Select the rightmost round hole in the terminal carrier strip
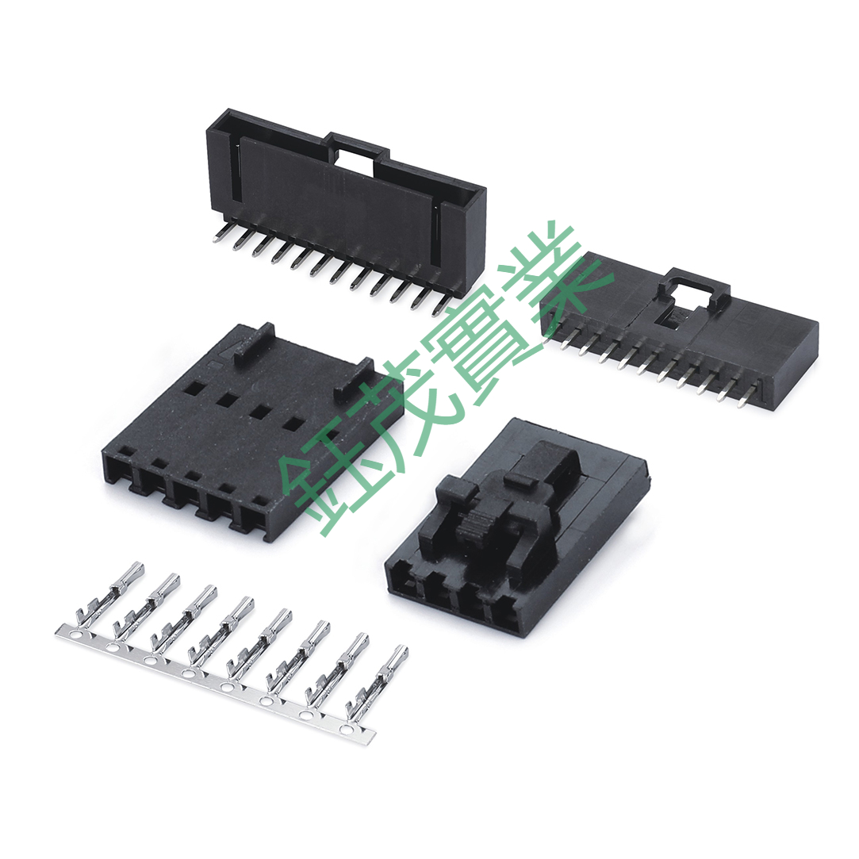(x=345, y=729)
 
